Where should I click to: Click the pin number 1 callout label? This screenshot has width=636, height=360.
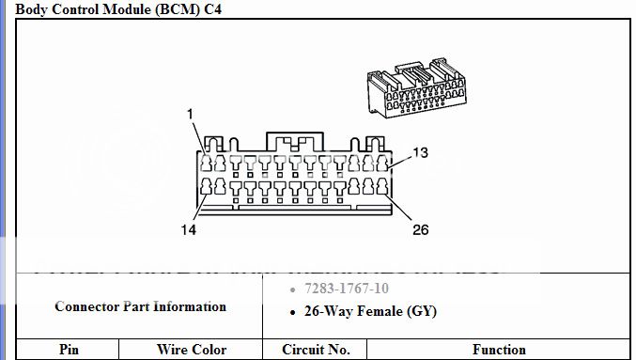[190, 114]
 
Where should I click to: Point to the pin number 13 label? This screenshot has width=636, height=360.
[421, 152]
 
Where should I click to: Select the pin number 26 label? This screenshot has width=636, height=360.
[420, 228]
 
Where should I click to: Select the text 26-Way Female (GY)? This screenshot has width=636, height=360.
[370, 311]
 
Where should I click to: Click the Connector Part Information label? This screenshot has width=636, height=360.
[140, 306]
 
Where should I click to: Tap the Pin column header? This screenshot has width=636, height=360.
[69, 350]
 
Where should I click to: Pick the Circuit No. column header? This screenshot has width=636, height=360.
[316, 350]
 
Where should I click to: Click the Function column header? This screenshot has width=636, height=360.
[499, 350]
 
